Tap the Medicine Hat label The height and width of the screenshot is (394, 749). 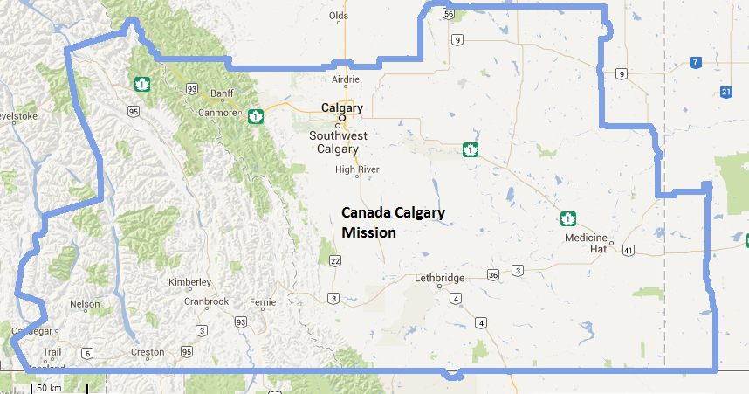pos(586,244)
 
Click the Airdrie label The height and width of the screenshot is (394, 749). pos(346,79)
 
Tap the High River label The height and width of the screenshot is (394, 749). pos(357,169)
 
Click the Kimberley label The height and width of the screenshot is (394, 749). pos(190,282)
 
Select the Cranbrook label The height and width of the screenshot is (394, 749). pos(206,301)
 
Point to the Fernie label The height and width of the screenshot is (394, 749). pos(262,302)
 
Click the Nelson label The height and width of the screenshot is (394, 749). pos(85,304)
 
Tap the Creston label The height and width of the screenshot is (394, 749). pos(147,352)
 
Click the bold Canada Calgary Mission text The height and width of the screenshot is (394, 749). pos(393,223)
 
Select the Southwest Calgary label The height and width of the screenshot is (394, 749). pos(339,142)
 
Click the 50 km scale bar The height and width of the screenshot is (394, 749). pos(48,387)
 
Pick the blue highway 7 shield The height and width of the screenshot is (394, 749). pos(695,62)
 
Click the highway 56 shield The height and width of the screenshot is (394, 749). pos(449,14)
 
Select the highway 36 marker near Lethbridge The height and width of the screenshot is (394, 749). pos(493,275)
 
